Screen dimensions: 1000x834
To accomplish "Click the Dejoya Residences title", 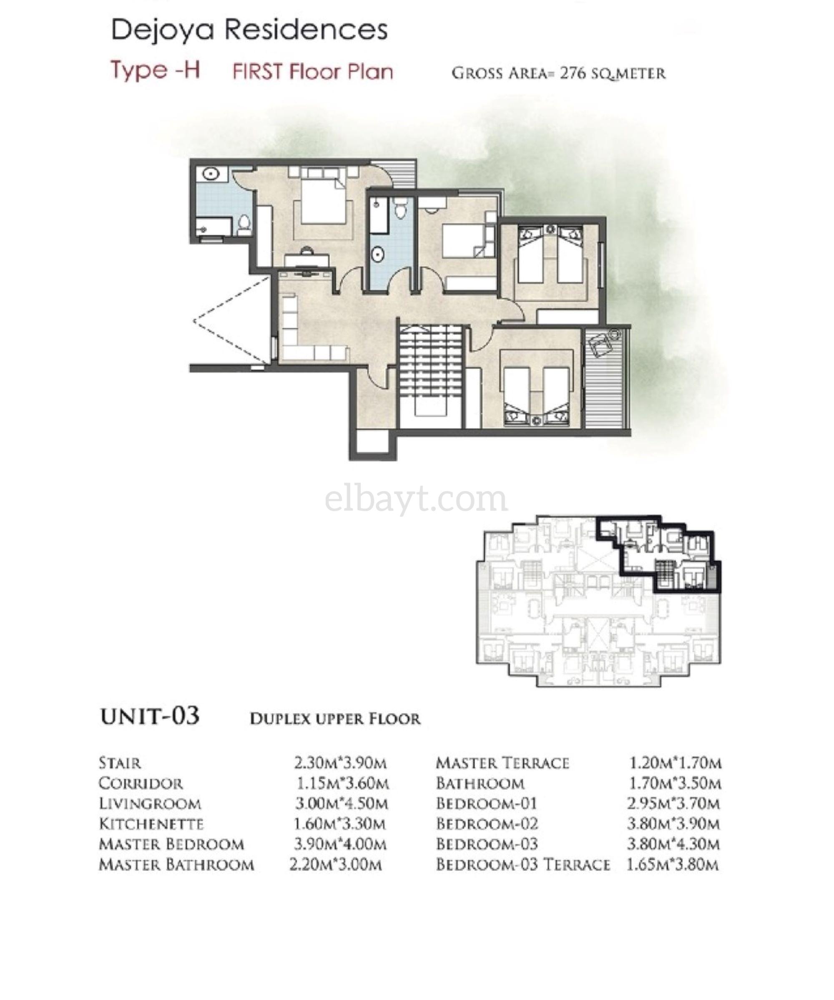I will click(x=249, y=30).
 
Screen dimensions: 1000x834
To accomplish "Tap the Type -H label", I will click(x=155, y=71).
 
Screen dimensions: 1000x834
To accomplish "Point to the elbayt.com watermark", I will click(x=416, y=499).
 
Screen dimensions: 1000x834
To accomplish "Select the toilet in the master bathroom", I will click(x=244, y=225).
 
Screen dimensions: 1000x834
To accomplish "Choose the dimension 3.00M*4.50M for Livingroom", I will click(x=341, y=804).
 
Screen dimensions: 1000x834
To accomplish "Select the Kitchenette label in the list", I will click(x=151, y=824).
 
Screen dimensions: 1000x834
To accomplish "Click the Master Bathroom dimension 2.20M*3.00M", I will click(x=336, y=864).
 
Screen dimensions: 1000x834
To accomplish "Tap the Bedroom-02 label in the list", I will click(x=487, y=824).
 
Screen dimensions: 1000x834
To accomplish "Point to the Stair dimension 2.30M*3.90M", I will click(x=340, y=763).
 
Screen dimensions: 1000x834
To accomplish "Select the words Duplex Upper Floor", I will click(x=335, y=718).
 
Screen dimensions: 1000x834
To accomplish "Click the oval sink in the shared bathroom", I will click(x=377, y=255).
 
